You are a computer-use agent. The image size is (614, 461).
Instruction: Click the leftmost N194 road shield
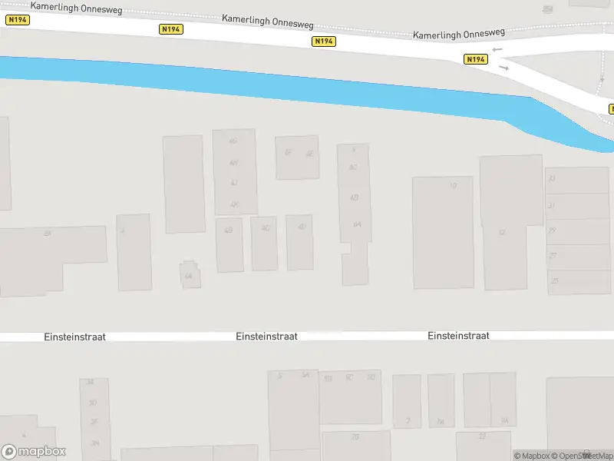tap(17, 20)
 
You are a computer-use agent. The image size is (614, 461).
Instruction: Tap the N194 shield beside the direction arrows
tap(476, 59)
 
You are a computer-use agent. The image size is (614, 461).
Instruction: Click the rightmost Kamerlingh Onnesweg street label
tap(458, 34)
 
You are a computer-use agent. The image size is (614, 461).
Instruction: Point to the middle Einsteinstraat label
tap(266, 337)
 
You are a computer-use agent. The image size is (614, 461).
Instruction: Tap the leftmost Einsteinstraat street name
tap(74, 337)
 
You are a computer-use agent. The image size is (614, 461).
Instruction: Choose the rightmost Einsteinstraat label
tap(458, 336)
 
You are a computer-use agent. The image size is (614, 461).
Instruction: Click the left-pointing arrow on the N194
tap(497, 50)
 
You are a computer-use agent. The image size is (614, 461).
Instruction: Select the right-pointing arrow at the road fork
tap(503, 68)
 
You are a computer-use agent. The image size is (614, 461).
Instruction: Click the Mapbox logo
tap(34, 452)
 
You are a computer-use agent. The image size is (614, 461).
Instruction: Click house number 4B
tap(228, 230)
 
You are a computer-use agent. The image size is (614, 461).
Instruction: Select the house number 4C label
tap(266, 228)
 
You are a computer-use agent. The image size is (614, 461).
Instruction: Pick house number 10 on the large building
tap(453, 185)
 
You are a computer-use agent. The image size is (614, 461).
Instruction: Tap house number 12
tap(502, 232)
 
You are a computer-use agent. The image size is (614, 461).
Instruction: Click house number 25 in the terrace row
tap(554, 281)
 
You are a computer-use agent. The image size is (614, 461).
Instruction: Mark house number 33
tap(551, 178)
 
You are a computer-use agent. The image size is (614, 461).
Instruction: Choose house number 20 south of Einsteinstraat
tap(355, 437)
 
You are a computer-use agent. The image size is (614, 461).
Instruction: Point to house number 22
tap(482, 436)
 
